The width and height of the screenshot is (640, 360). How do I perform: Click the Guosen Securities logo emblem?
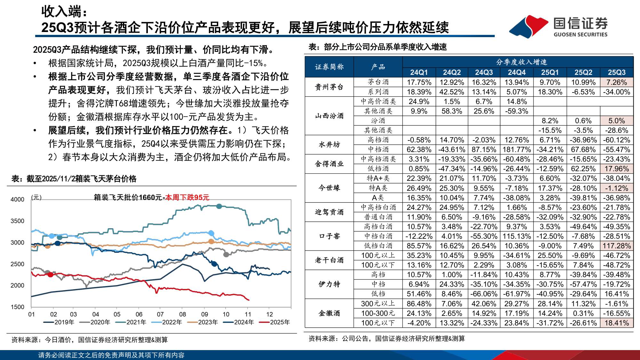point(529,26)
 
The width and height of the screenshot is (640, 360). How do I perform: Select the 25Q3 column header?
point(616,72)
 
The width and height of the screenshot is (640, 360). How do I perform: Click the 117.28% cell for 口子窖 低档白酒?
point(616,246)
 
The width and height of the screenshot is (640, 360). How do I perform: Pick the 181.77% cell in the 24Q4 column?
point(516,149)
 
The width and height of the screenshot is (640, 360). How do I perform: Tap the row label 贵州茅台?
point(329,87)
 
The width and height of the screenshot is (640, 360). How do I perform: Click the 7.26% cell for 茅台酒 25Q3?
point(616,82)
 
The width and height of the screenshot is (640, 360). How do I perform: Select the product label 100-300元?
point(378,313)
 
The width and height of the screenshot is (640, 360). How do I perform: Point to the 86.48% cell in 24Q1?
point(419,304)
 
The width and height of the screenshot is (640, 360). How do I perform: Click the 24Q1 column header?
point(419,72)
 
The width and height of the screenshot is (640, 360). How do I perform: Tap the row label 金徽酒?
point(329,313)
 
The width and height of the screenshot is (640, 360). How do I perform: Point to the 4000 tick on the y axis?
point(17,199)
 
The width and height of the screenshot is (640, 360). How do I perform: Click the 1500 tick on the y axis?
point(17,307)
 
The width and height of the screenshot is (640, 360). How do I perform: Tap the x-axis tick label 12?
point(269,314)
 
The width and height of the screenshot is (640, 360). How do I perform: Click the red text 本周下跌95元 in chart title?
point(187,197)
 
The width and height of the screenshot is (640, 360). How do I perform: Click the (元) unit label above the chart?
point(36,197)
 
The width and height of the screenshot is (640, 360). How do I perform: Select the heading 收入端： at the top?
point(64,12)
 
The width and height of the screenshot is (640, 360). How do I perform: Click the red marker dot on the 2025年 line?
point(50,275)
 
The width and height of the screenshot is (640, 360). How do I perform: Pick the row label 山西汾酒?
point(329,116)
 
